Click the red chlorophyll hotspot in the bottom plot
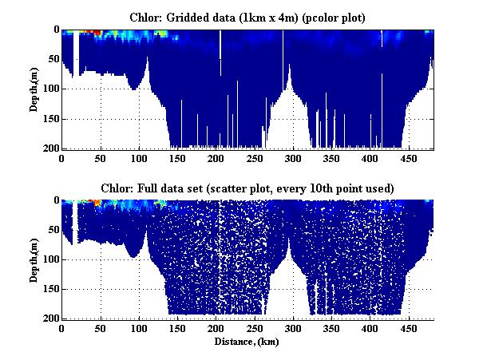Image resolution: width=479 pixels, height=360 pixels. click(97, 203)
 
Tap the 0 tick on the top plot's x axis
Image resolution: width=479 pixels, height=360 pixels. click(62, 158)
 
